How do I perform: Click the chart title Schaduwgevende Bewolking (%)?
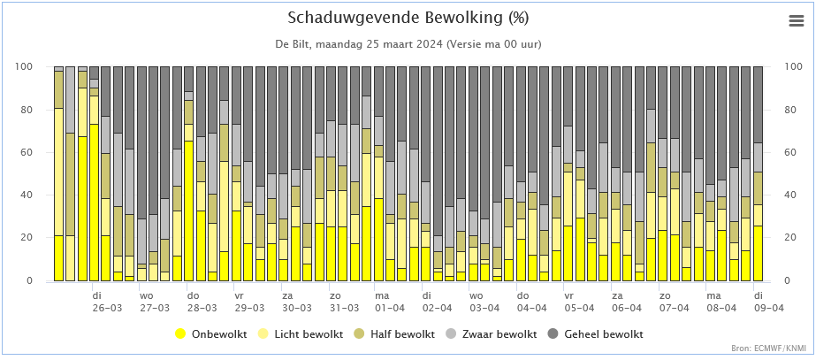(408, 18)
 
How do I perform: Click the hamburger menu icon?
(797, 20)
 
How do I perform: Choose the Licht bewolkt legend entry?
(301, 334)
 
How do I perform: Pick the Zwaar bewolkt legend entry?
(492, 334)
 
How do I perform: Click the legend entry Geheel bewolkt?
(596, 334)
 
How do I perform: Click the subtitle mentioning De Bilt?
(408, 44)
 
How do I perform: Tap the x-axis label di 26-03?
(106, 301)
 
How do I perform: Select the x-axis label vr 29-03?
(249, 301)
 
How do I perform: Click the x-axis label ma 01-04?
(391, 301)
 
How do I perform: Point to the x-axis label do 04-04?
(531, 301)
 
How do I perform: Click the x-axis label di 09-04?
(768, 301)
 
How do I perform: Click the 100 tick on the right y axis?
(793, 67)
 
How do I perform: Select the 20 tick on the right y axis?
(790, 238)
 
